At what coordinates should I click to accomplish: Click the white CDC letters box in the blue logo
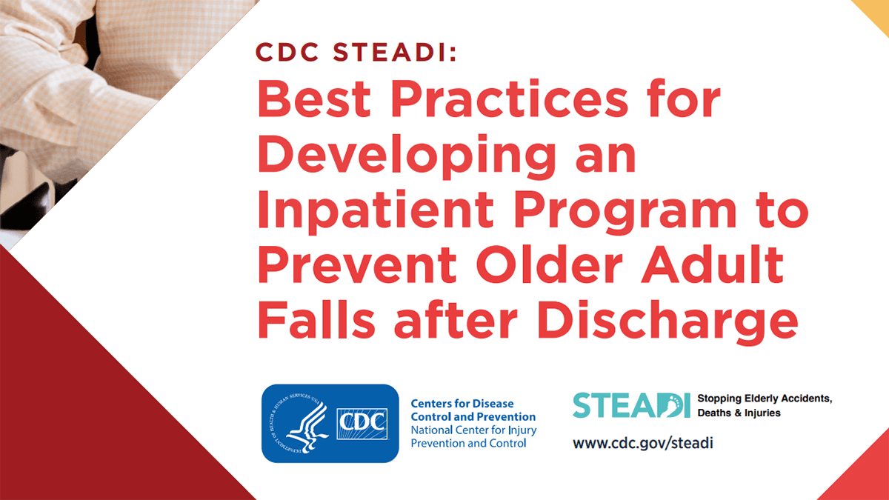pos(362,423)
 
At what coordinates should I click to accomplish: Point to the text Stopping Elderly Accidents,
pos(765,399)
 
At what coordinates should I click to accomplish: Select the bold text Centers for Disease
pos(462,405)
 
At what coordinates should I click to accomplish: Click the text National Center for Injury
pos(473,430)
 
